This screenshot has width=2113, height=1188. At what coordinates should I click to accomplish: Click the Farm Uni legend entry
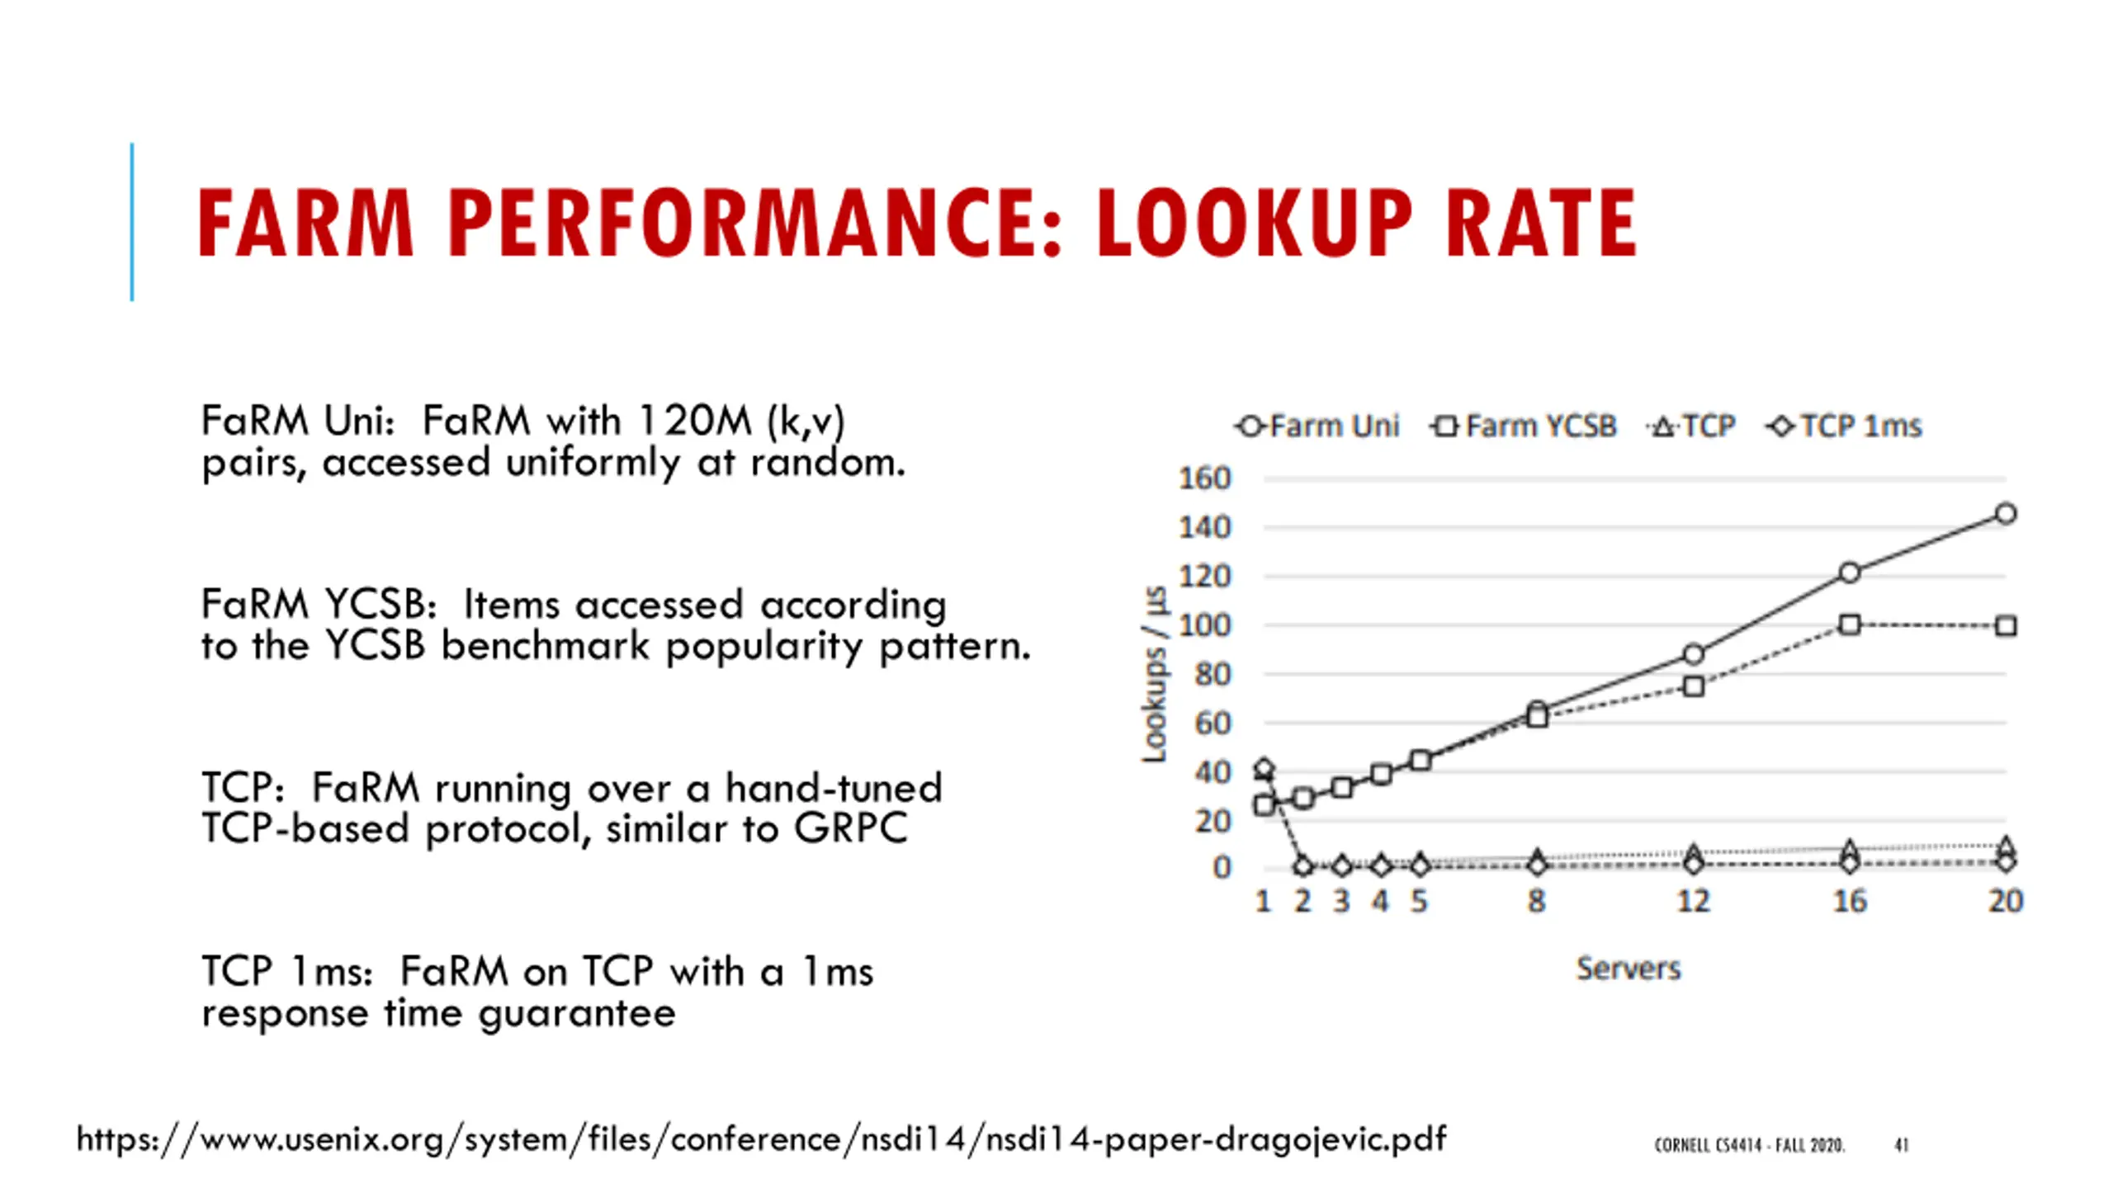[1319, 427]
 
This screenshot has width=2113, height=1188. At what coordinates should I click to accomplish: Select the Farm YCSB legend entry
[1524, 427]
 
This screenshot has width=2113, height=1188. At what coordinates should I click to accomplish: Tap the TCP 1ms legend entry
[1845, 427]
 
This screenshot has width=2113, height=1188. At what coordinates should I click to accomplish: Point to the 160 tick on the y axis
[1204, 478]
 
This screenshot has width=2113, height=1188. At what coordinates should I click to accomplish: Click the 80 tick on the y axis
[1212, 675]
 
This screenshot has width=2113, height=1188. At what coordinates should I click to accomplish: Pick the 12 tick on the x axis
[1693, 901]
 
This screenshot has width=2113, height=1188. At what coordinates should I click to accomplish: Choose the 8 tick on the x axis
[1536, 901]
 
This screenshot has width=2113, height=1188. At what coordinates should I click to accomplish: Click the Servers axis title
[1628, 969]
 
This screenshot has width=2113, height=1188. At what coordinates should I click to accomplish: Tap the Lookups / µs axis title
[1155, 675]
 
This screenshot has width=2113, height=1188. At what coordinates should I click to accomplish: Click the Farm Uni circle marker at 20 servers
[2006, 514]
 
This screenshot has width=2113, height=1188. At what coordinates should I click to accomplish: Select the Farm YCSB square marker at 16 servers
[1850, 625]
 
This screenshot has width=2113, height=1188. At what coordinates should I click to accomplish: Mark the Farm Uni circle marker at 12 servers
[1693, 654]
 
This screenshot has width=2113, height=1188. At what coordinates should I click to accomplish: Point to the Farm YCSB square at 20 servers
[2006, 626]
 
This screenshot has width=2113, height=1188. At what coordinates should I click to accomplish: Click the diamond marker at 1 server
[1264, 769]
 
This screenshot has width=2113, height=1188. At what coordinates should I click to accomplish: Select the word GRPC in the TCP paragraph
[850, 828]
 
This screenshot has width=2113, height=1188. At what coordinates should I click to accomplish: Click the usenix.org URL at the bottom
[760, 1139]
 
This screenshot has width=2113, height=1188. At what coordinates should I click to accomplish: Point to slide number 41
[1901, 1144]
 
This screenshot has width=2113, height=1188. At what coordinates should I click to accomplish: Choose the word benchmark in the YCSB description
[545, 646]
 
